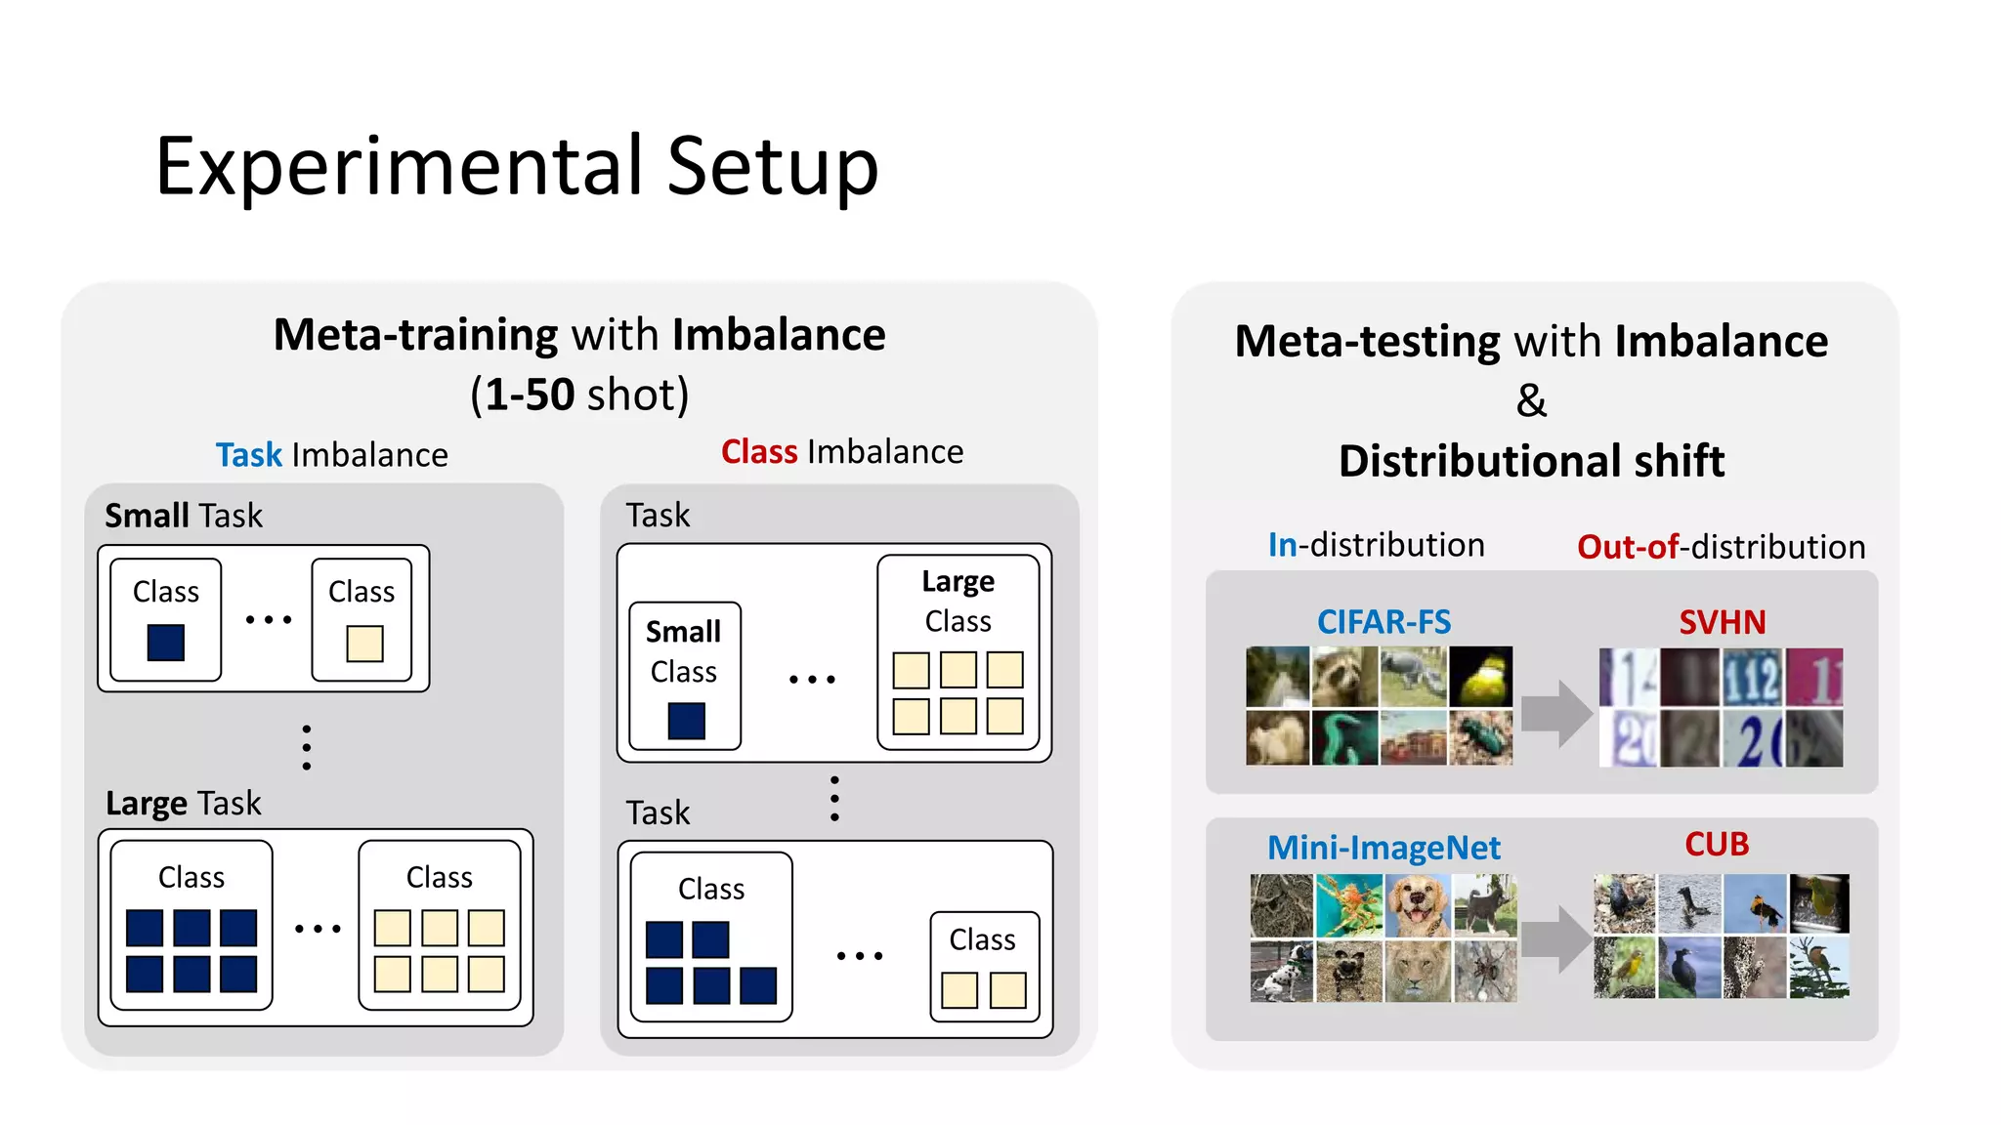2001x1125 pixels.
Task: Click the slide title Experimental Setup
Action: (x=517, y=167)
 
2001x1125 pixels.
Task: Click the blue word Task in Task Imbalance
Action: (x=248, y=455)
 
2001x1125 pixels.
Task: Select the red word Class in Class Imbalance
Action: (x=759, y=452)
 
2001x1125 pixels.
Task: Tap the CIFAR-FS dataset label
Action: (x=1384, y=622)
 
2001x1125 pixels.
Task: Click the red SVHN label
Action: (x=1722, y=622)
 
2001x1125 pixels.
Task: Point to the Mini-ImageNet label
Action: (x=1384, y=848)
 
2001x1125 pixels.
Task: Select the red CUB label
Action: (x=1717, y=844)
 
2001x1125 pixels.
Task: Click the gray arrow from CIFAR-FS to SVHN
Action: (x=1556, y=713)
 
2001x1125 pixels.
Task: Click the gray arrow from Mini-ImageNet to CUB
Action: (x=1556, y=938)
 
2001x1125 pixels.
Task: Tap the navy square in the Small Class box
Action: (x=686, y=721)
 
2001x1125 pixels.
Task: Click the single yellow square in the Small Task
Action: (x=364, y=644)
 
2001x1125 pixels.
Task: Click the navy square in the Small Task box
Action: (x=166, y=643)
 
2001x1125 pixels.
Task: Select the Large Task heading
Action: (x=184, y=804)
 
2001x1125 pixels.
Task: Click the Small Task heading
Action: (x=184, y=516)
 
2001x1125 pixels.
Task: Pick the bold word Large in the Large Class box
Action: (x=958, y=582)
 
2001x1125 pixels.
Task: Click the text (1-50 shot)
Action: (x=579, y=395)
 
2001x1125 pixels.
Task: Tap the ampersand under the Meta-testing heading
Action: (x=1531, y=400)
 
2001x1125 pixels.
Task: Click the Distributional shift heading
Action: (x=1531, y=461)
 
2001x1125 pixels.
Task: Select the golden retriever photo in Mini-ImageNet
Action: (x=1417, y=905)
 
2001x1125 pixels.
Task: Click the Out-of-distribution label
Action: (x=1721, y=547)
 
